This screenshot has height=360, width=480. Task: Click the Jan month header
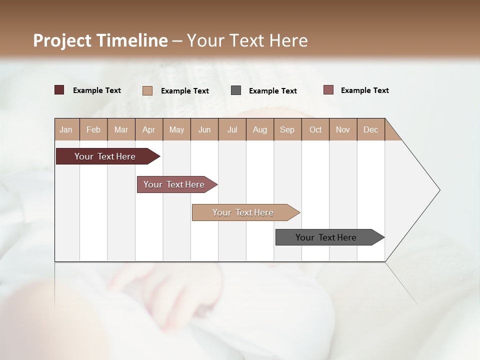pos(66,129)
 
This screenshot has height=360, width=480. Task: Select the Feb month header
pos(93,129)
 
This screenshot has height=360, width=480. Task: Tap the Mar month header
pos(121,129)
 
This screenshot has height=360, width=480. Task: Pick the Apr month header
pos(149,129)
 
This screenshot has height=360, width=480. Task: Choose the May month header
pos(176,129)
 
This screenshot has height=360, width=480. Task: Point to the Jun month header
pos(204,129)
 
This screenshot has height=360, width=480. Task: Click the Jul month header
pos(232,129)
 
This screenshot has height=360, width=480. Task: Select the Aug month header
pos(260,129)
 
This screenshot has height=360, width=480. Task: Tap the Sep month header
pos(287,129)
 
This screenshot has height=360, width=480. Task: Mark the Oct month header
pos(315,129)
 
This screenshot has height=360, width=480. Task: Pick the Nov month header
pos(343,129)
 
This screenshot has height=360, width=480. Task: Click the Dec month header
pos(371,129)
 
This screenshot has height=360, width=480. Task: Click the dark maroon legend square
pos(59,90)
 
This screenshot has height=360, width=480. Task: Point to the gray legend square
pos(236,90)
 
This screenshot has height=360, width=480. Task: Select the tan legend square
pos(147,90)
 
